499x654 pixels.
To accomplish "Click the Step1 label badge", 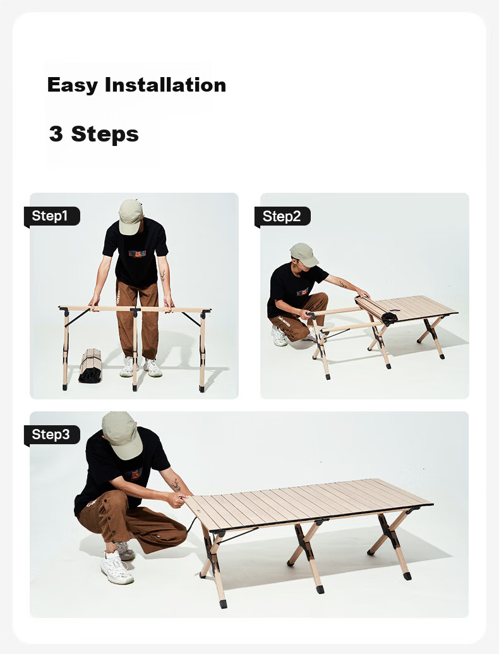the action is pos(52,216).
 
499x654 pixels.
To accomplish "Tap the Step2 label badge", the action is pos(282,217).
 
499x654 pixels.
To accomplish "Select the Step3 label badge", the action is pos(52,435).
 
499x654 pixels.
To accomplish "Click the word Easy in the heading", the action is pos(73,85).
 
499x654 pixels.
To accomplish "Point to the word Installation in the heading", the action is pos(165,85).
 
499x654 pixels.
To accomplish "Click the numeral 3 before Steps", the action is pos(56,134).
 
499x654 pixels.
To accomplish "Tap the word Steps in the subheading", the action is pos(105,135).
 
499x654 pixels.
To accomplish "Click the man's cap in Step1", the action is pos(131,217).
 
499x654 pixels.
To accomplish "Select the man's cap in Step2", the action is pos(304,254).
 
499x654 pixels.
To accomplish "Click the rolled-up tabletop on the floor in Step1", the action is pos(90,366).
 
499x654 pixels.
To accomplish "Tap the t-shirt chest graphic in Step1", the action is pos(136,254).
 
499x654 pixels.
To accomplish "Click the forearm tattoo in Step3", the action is pos(176,485).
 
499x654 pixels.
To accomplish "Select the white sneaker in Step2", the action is pos(279,336).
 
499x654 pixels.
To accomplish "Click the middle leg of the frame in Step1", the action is pos(135,349).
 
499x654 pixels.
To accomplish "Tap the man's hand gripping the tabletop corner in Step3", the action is pos(177,499).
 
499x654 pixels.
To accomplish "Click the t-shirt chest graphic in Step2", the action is pos(303,291).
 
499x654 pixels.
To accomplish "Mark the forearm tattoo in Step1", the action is pos(162,275).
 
